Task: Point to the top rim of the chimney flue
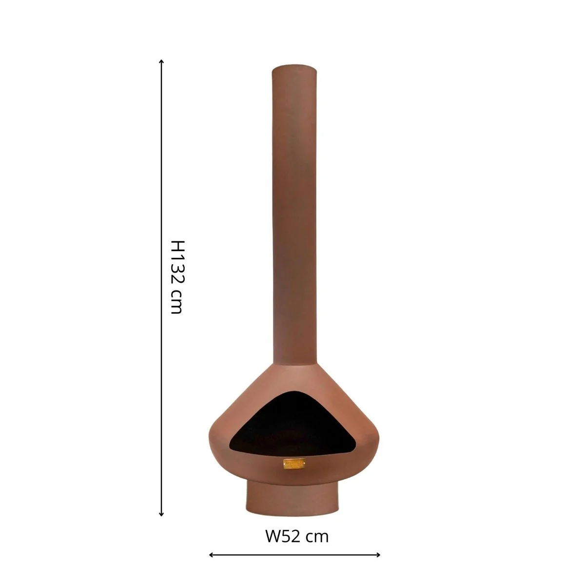pos(295,66)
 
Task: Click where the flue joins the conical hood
pos(295,365)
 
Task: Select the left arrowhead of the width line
pos(211,554)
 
